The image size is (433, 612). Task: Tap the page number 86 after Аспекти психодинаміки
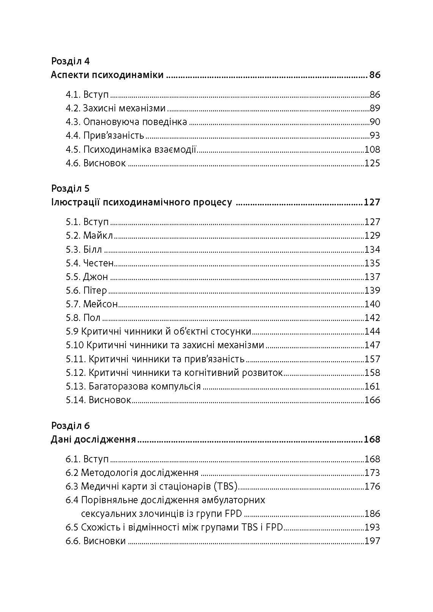pyautogui.click(x=374, y=75)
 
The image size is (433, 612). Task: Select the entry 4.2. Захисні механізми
pyautogui.click(x=116, y=108)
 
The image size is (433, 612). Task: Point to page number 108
pyautogui.click(x=372, y=149)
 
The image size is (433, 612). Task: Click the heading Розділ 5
pyautogui.click(x=70, y=188)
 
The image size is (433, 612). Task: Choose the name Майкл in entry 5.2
pyautogui.click(x=98, y=236)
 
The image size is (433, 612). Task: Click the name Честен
pyautogui.click(x=98, y=263)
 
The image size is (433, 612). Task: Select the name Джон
pyautogui.click(x=96, y=277)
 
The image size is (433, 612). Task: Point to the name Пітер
pyautogui.click(x=95, y=291)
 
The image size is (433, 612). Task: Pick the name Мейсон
pyautogui.click(x=100, y=304)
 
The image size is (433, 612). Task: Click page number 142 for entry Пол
pyautogui.click(x=372, y=318)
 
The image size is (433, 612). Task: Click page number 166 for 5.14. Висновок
pyautogui.click(x=372, y=400)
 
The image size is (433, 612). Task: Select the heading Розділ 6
pyautogui.click(x=70, y=426)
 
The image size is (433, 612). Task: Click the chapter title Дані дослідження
pyautogui.click(x=93, y=440)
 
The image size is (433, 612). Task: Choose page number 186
pyautogui.click(x=372, y=514)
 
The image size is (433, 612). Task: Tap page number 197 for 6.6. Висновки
pyautogui.click(x=372, y=541)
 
